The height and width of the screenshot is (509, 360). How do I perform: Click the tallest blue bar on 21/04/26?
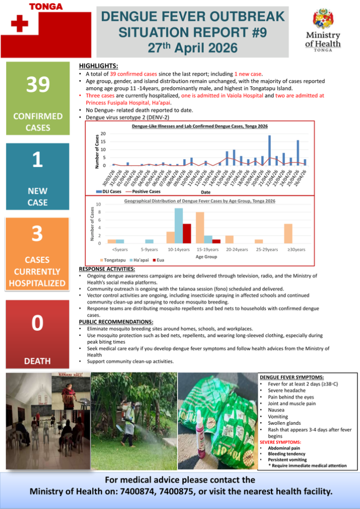[269, 150]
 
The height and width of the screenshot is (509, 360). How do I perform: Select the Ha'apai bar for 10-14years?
[178, 226]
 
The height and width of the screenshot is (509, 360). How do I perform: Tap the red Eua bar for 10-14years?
[187, 234]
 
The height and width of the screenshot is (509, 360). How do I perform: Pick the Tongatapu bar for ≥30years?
[288, 234]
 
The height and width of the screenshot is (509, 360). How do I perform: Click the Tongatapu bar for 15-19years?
[200, 228]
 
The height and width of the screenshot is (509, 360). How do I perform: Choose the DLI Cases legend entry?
[110, 191]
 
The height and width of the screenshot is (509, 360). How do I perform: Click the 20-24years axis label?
[236, 250]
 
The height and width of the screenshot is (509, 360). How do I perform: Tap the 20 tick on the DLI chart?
[103, 134]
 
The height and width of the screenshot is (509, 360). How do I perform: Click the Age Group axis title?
[207, 256]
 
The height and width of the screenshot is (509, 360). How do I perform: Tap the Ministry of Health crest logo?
[323, 20]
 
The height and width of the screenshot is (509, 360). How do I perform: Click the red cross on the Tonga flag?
[19, 24]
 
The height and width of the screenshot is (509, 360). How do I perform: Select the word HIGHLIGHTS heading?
[98, 66]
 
